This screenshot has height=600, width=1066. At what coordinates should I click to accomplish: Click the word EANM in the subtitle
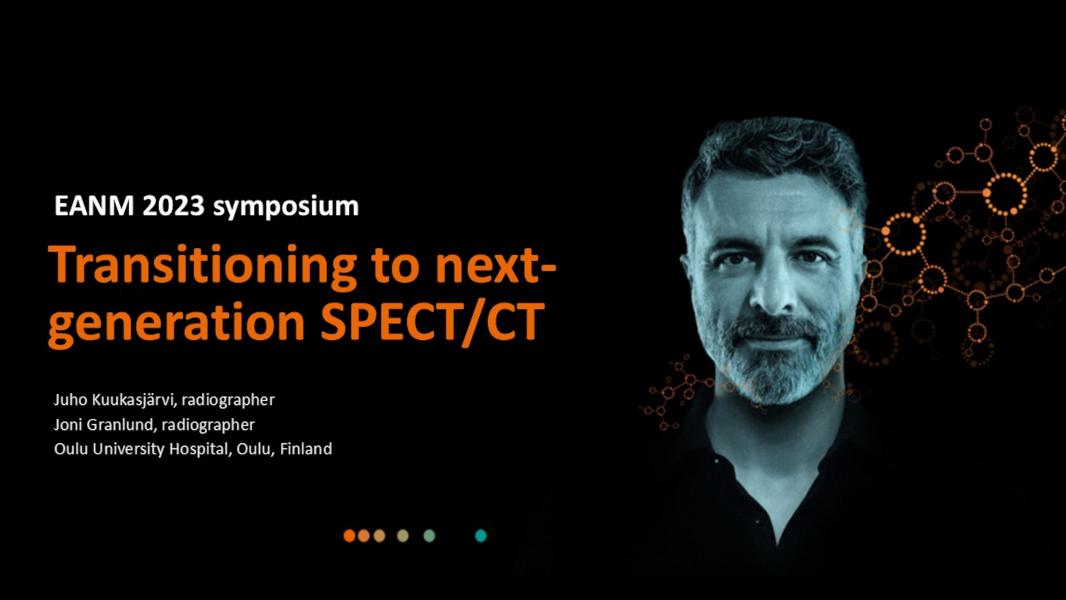pos(94,205)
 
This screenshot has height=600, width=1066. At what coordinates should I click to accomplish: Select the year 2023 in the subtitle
pos(173,205)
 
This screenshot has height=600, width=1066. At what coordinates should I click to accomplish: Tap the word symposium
pos(286,208)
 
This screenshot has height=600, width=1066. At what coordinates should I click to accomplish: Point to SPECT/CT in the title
pos(433,322)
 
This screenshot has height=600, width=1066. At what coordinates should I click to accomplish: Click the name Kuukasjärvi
pos(134,400)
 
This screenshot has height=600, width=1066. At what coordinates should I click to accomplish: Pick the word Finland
pos(306,448)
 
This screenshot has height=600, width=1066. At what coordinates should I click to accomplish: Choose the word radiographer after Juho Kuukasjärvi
pos(228,400)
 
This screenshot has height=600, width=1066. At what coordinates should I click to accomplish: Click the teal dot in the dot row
pos(481,536)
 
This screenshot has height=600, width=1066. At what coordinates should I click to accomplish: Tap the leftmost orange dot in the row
pos(349,536)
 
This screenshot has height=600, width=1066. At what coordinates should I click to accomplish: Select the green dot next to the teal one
pos(429,536)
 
